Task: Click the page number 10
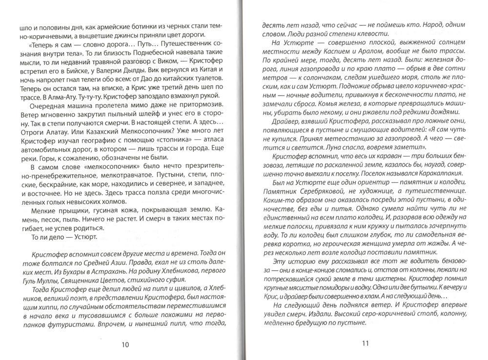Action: click(x=124, y=344)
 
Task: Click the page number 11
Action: click(x=366, y=342)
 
